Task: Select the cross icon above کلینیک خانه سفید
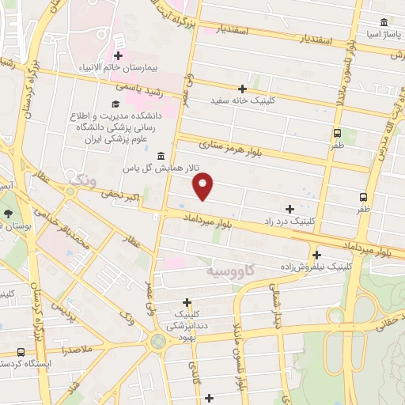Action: click(x=242, y=89)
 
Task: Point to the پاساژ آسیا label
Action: click(x=379, y=35)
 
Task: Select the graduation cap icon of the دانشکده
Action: click(x=115, y=104)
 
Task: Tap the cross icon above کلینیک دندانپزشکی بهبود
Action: click(x=187, y=301)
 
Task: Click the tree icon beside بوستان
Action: click(x=9, y=214)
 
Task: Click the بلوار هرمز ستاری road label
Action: click(x=235, y=146)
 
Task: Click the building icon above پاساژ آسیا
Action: click(x=384, y=21)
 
